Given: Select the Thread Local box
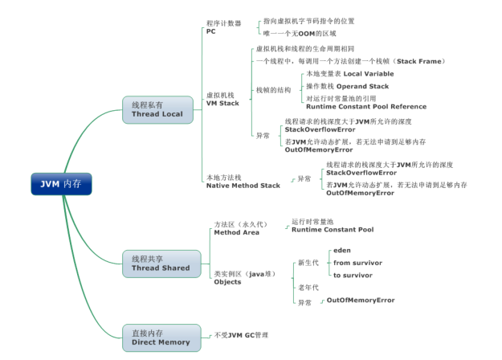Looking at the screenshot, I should (157, 109).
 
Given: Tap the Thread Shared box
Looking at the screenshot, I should (161, 263).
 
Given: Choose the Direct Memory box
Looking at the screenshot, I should (161, 337).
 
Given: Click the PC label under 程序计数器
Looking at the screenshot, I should (210, 31).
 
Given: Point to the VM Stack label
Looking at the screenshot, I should (222, 103).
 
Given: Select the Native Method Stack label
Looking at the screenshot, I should (243, 186).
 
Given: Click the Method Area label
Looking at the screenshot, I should (235, 232).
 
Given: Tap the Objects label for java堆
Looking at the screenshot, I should (227, 282).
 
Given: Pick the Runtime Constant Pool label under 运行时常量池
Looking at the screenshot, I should (332, 230).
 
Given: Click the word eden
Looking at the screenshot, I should (342, 250).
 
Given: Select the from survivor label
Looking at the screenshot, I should (357, 263).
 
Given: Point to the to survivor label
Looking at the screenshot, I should (353, 275).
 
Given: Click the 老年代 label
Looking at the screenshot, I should (308, 287).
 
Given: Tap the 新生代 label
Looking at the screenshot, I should (308, 263).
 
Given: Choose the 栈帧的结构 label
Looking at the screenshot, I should (274, 90).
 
